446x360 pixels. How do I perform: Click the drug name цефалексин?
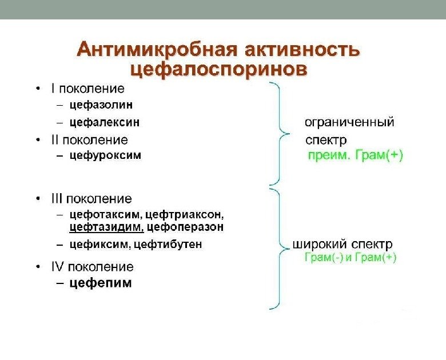click(105, 122)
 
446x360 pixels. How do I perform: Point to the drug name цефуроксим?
click(105, 155)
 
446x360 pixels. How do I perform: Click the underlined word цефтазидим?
click(106, 227)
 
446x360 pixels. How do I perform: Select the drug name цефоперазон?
click(185, 227)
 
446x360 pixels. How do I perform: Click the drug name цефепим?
click(101, 283)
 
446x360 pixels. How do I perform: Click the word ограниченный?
click(349, 122)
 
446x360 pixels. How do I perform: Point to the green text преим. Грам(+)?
click(355, 155)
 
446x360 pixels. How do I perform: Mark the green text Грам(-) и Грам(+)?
click(351, 258)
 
